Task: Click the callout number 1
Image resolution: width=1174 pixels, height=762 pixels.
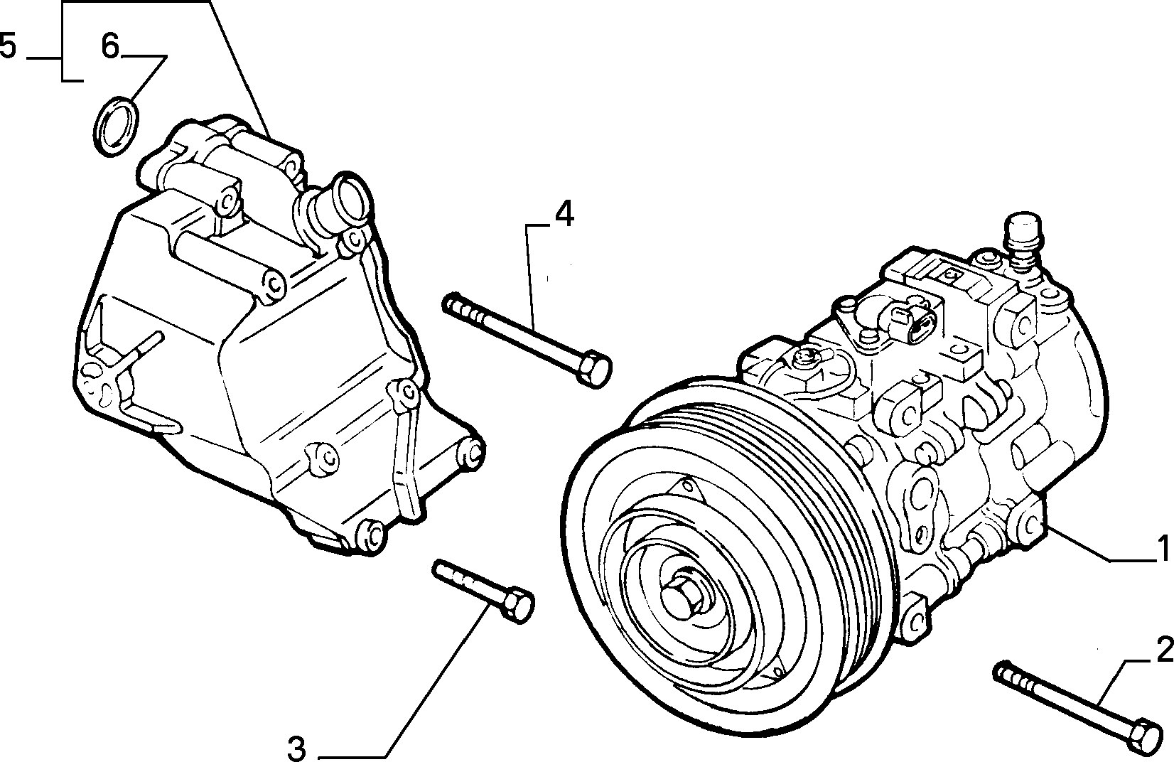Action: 1162,548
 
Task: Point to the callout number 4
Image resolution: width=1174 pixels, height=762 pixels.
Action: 564,214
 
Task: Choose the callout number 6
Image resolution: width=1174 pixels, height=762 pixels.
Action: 111,46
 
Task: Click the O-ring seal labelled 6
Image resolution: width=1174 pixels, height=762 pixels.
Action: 117,126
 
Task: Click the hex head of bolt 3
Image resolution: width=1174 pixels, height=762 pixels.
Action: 517,605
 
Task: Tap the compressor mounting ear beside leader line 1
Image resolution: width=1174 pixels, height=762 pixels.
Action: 1028,524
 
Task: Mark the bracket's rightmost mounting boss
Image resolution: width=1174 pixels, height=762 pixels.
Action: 471,451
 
